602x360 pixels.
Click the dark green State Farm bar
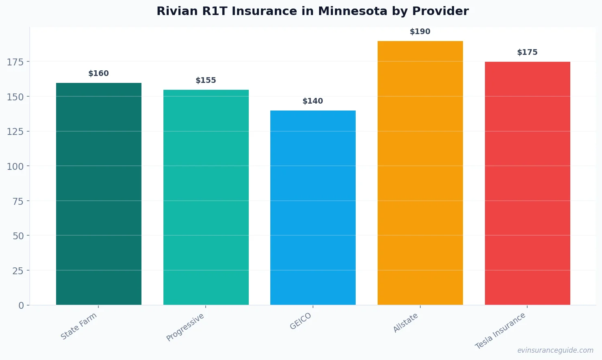tap(99, 194)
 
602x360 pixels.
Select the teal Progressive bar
tap(206, 197)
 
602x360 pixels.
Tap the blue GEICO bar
tap(313, 208)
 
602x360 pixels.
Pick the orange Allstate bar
tap(420, 173)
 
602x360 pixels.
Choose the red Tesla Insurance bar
tap(527, 183)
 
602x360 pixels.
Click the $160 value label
tap(99, 74)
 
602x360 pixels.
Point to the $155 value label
tap(206, 80)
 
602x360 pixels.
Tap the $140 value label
tap(313, 101)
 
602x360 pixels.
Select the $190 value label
tap(420, 32)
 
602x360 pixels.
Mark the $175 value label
tap(527, 52)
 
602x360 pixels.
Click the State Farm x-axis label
tap(79, 326)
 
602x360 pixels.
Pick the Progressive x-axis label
tap(185, 327)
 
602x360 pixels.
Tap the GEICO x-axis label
tap(301, 321)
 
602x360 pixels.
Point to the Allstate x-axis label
tap(406, 323)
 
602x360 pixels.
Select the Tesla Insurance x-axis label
tap(500, 331)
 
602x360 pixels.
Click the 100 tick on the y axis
tap(15, 166)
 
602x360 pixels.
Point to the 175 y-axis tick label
tap(15, 62)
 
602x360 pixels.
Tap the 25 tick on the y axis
tap(18, 271)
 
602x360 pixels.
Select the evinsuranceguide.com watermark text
tap(555, 350)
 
